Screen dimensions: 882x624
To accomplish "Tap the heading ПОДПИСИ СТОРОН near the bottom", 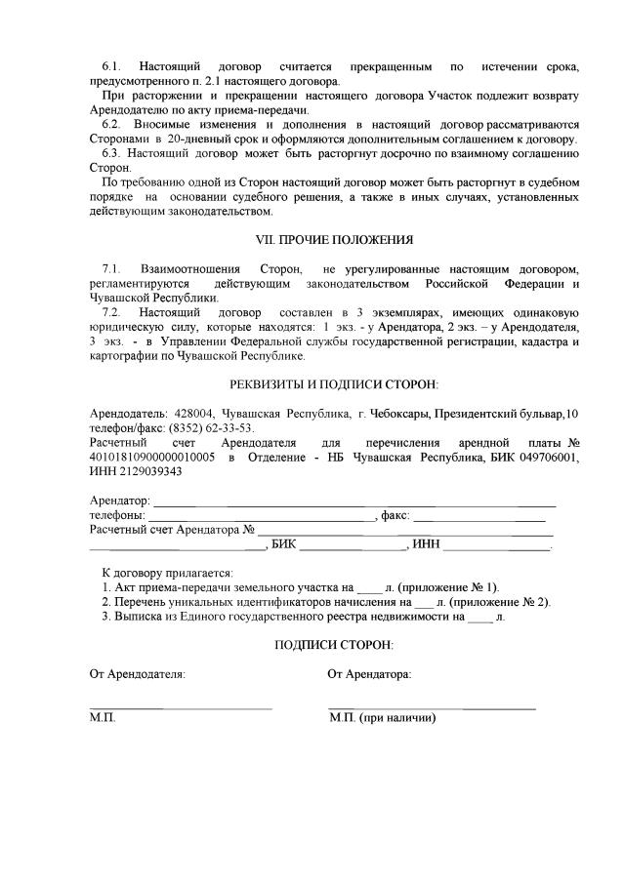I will coord(334,645).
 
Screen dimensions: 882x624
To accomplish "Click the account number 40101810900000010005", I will coord(152,457).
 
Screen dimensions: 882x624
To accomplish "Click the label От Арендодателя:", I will coord(137,674).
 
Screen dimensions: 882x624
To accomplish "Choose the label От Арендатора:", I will coord(369,674).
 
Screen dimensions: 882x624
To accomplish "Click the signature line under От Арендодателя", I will coord(181,705).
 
